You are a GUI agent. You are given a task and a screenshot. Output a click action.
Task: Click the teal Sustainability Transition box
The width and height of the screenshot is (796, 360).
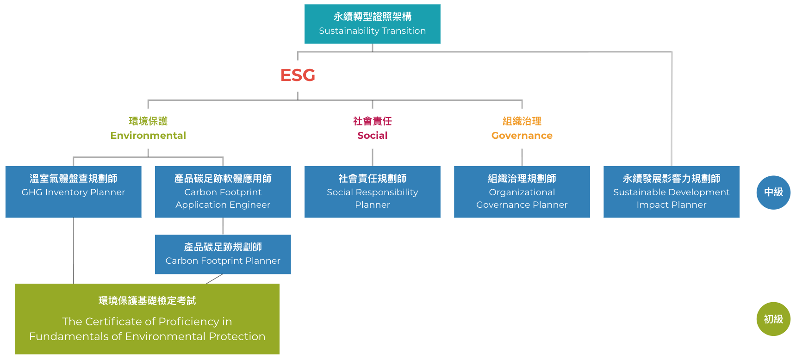click(x=372, y=24)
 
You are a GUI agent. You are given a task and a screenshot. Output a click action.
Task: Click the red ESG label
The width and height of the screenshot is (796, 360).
click(x=298, y=75)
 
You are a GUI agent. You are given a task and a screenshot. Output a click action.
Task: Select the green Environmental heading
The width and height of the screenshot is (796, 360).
click(x=148, y=136)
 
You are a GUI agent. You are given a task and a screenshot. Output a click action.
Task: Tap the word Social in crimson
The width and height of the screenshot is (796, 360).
click(x=372, y=136)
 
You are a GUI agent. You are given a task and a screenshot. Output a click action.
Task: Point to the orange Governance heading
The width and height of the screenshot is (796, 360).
click(x=522, y=136)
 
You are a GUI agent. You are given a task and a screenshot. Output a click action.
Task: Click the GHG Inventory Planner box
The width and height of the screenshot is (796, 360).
click(x=73, y=192)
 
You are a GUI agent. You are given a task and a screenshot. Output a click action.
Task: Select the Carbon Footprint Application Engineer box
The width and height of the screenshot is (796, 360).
click(x=223, y=192)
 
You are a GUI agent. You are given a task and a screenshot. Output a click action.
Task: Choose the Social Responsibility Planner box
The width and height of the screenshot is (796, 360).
click(x=372, y=192)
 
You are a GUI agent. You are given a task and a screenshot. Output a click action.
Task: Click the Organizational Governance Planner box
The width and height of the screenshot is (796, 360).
click(x=522, y=192)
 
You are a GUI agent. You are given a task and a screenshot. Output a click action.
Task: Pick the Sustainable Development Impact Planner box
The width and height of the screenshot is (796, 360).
click(x=671, y=192)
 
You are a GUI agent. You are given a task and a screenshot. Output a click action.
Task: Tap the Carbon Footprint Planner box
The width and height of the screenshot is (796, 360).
click(x=223, y=254)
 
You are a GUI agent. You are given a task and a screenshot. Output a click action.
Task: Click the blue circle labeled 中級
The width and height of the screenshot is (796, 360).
click(x=773, y=192)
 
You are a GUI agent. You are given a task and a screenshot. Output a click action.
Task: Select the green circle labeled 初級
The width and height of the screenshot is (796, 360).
click(x=773, y=319)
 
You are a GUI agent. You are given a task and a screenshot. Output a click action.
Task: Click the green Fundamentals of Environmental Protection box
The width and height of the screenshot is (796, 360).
click(x=147, y=319)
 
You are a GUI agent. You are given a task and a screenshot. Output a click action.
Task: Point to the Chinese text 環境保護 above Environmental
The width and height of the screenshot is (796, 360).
click(x=148, y=121)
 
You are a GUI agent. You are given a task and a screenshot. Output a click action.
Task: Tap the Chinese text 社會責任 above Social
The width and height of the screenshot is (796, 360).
click(x=372, y=121)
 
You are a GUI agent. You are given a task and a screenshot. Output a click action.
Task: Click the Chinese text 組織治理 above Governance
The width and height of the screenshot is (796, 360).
click(x=522, y=121)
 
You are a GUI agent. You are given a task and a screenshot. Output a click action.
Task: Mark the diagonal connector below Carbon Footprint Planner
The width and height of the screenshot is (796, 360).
click(x=214, y=279)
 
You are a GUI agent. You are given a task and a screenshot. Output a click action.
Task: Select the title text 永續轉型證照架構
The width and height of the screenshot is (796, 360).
click(x=372, y=17)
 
